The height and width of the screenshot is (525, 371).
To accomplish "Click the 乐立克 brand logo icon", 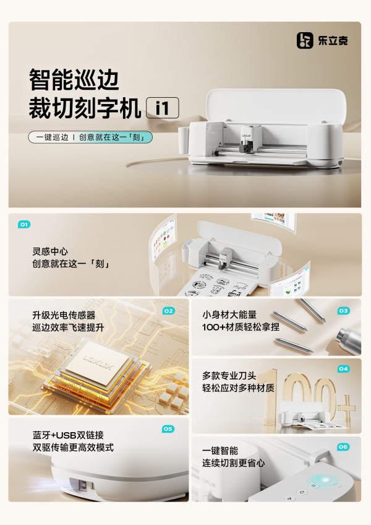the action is pyautogui.click(x=305, y=40).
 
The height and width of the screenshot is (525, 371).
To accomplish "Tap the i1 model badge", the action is pyautogui.click(x=163, y=108).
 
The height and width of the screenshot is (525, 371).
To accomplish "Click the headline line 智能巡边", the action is pyautogui.click(x=74, y=80).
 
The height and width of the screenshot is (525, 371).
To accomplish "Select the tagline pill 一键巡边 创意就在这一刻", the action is pyautogui.click(x=90, y=137).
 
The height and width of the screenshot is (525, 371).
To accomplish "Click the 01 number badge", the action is pyautogui.click(x=23, y=224).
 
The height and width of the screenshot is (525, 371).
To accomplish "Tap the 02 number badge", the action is pyautogui.click(x=169, y=311).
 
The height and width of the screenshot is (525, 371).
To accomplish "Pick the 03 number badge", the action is pyautogui.click(x=343, y=311).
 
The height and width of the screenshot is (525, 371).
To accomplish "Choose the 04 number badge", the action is pyautogui.click(x=343, y=369).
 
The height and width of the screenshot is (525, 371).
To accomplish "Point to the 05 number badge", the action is pyautogui.click(x=168, y=429).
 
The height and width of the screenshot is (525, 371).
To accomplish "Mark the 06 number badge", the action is pyautogui.click(x=343, y=446).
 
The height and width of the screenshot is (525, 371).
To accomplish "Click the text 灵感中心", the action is pyautogui.click(x=50, y=251).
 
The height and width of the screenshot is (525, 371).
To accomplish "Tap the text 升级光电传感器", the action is pyautogui.click(x=64, y=315).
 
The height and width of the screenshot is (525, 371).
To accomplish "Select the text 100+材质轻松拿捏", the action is pyautogui.click(x=241, y=327).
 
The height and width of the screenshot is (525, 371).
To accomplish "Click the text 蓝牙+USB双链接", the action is pyautogui.click(x=68, y=435).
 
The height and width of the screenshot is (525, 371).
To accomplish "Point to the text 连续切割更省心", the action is pyautogui.click(x=233, y=462).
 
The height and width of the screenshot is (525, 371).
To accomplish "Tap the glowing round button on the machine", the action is pyautogui.click(x=325, y=480).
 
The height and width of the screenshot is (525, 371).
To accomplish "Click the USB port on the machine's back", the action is pyautogui.click(x=83, y=485).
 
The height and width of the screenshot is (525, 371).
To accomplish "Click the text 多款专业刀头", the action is pyautogui.click(x=229, y=375).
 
